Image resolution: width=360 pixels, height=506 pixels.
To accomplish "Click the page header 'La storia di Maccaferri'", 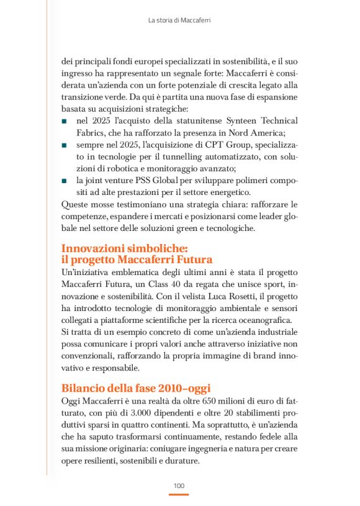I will point(179,20).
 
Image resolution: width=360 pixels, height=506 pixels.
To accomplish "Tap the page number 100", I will point(179,485).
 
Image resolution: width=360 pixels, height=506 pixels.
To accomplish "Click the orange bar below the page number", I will point(179,494).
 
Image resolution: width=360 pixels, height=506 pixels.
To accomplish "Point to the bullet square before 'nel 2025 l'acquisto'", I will point(65,121).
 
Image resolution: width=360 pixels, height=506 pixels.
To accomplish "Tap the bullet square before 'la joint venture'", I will point(65,180).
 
